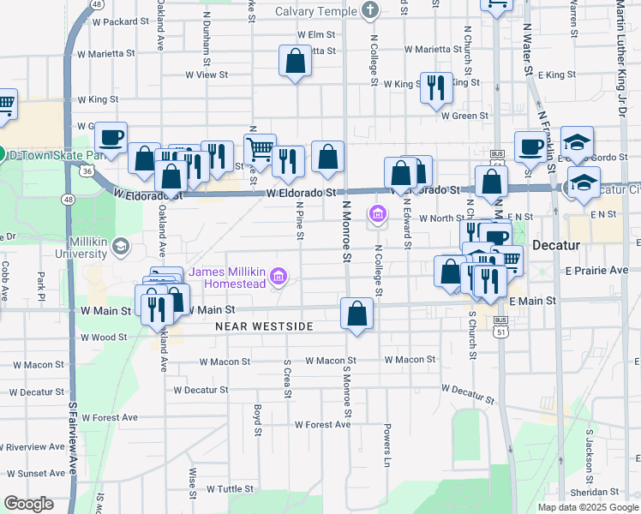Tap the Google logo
click(28, 503)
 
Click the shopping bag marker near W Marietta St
click(295, 62)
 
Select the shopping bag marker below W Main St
click(356, 314)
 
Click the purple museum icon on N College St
click(376, 213)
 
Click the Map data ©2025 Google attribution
click(587, 507)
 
